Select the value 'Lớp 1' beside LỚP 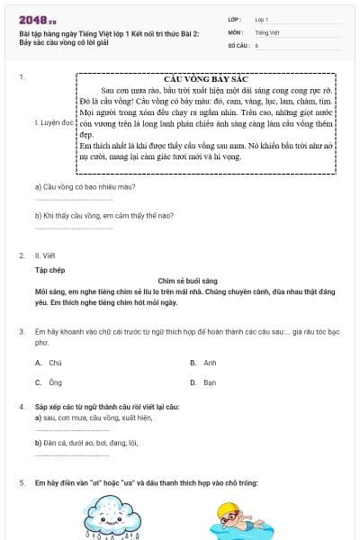pos(263,19)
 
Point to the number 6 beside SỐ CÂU pos(256,44)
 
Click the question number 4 pos(22,407)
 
